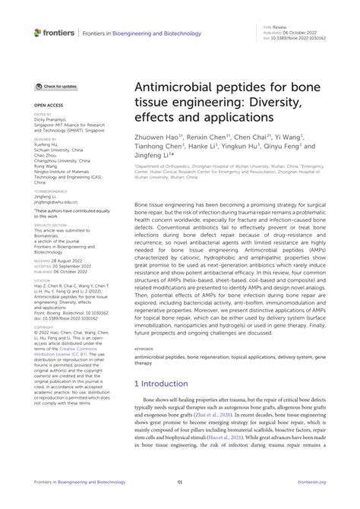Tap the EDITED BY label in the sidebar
click(x=42, y=113)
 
